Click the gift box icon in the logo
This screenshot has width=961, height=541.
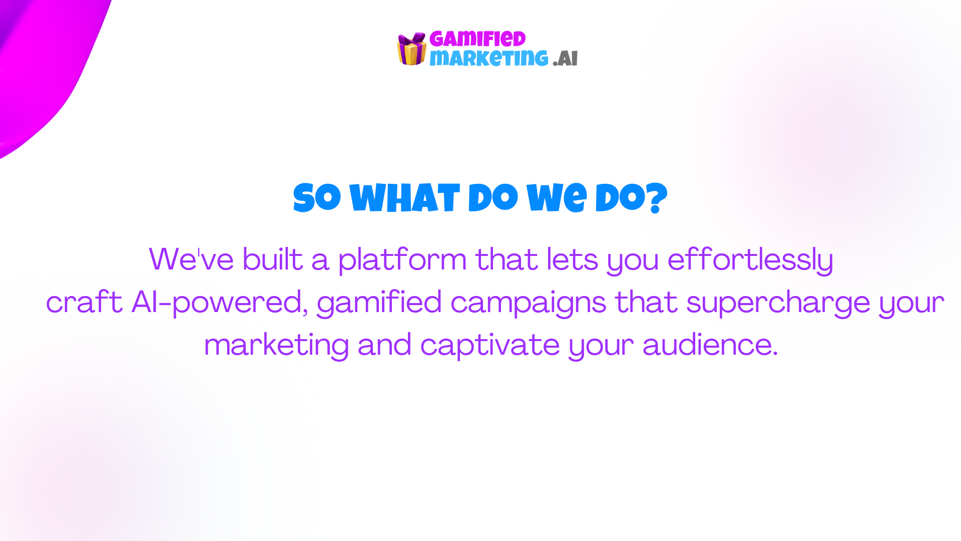[x=411, y=49]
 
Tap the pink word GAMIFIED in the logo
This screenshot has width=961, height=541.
[x=477, y=39]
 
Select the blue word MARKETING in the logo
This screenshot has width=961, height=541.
[x=489, y=58]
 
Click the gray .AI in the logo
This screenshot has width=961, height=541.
[x=566, y=59]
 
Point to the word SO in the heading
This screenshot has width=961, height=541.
[x=317, y=198]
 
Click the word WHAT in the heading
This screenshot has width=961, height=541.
[x=404, y=198]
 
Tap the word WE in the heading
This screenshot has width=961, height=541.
[x=556, y=198]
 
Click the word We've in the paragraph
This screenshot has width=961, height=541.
[x=191, y=259]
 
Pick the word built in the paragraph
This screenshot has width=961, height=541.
[x=273, y=259]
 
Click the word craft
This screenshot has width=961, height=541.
[x=84, y=302]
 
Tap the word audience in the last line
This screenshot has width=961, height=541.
[x=710, y=345]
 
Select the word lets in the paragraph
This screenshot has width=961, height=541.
[x=572, y=259]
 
